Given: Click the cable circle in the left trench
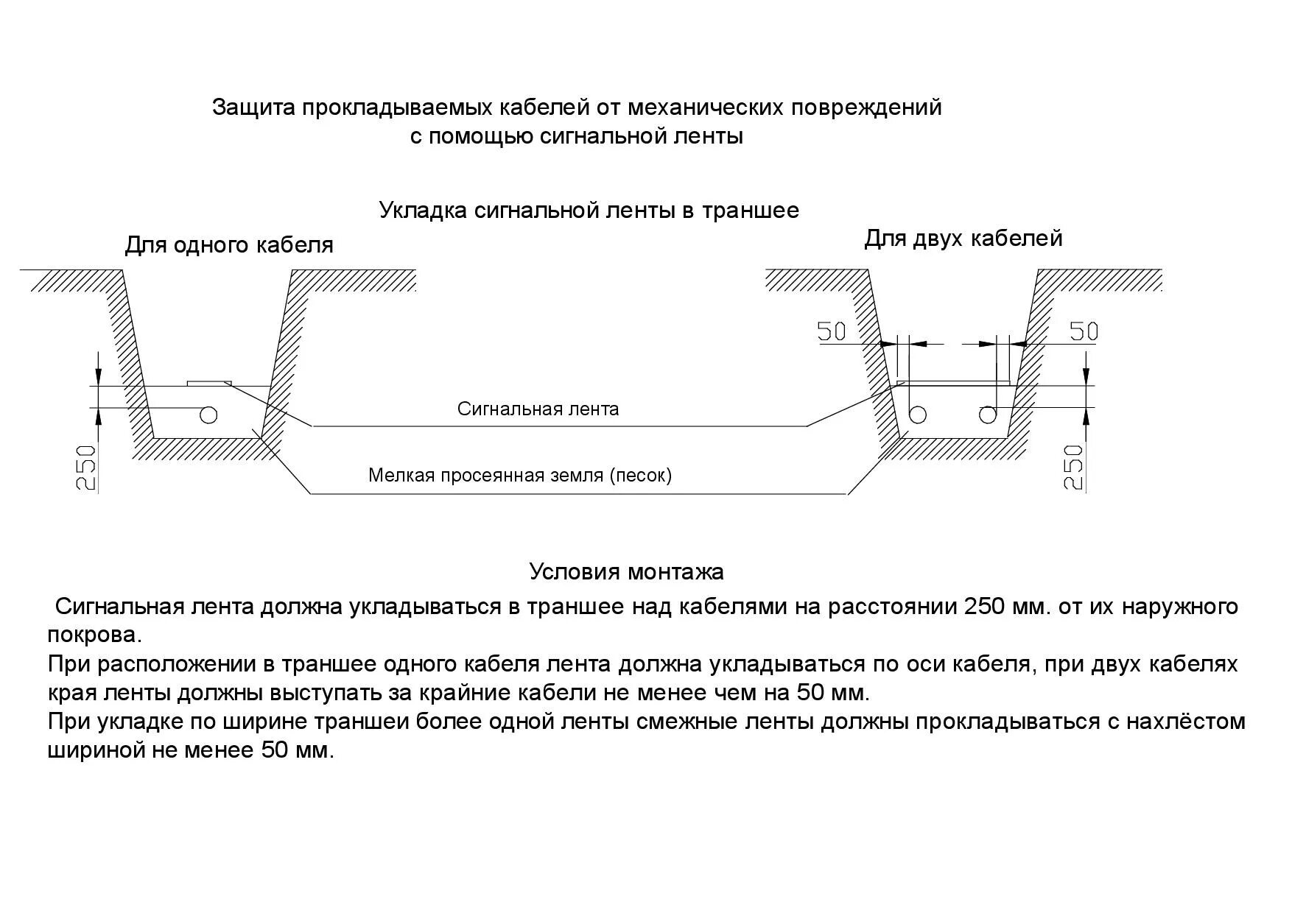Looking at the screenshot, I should point(208,415).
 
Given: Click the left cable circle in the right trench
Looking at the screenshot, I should point(917,415).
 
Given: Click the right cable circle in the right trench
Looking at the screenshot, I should point(987,415).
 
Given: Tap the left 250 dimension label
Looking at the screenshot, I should point(87,467).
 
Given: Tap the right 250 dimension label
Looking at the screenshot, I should point(1074,467).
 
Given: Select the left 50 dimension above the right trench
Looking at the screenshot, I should point(832,332).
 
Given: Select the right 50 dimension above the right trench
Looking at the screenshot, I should point(1083,331).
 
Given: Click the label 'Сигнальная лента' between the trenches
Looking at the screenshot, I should point(538,409).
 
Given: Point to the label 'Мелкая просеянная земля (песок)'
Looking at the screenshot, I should point(520,476).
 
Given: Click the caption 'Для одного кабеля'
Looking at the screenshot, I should point(229,245).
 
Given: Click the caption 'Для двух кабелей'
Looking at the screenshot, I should point(963,239).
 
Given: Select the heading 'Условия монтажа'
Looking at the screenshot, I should point(626,571).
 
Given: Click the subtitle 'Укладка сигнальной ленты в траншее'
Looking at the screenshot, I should point(589,211).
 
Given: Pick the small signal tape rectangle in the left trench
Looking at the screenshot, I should point(209,383).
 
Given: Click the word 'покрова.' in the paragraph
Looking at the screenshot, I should point(94,635).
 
